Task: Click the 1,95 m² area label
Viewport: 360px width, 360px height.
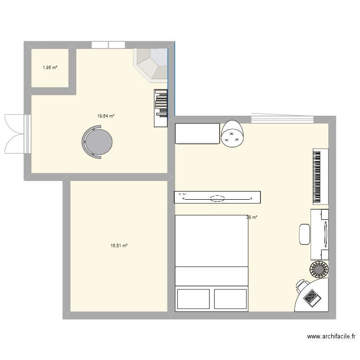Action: pos(50,68)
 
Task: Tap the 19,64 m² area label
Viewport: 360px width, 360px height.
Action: pos(106,116)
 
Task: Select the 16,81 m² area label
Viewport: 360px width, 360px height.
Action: pos(119,246)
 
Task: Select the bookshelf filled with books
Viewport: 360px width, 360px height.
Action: pos(161,108)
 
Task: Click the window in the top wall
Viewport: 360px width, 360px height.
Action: pos(108,45)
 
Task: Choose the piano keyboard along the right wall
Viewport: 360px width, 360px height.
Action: pos(317,176)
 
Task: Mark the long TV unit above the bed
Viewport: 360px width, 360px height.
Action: pos(217,197)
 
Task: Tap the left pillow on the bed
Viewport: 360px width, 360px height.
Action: pos(193,299)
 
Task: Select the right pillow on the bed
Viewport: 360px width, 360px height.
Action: pos(230,299)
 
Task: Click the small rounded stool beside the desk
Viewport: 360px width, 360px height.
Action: pos(304,234)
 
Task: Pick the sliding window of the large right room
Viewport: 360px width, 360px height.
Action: pos(283,118)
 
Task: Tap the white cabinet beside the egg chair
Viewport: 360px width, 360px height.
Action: pos(197,133)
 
